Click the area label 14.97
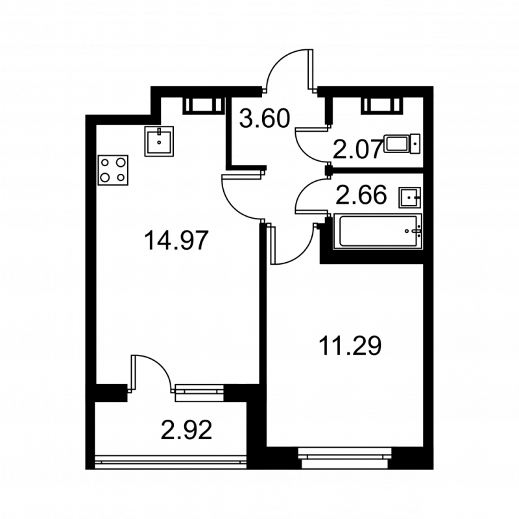pyautogui.click(x=176, y=241)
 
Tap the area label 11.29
pyautogui.click(x=350, y=344)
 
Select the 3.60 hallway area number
pyautogui.click(x=263, y=119)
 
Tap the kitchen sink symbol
pyautogui.click(x=159, y=140)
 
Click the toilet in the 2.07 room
pyautogui.click(x=402, y=143)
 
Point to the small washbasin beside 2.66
pyautogui.click(x=410, y=195)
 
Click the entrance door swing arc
pyautogui.click(x=289, y=71)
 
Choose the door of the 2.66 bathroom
pyautogui.click(x=310, y=195)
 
